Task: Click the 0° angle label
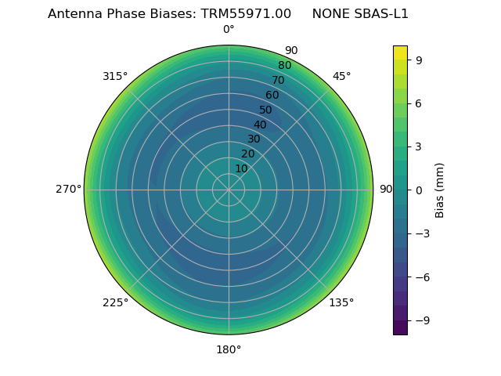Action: (x=229, y=30)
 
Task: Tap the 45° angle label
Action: (x=341, y=77)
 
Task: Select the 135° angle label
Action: (x=341, y=302)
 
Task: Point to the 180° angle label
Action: (x=229, y=349)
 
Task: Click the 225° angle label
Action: (x=115, y=303)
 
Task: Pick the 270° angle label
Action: (x=68, y=190)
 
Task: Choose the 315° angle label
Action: (x=115, y=77)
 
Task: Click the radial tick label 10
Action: (x=241, y=168)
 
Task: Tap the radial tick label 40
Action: (x=260, y=125)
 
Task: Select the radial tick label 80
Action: (x=284, y=66)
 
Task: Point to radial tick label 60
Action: (x=272, y=96)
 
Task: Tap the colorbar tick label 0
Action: (x=419, y=190)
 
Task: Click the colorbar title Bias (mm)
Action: (x=440, y=190)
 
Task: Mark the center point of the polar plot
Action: (x=229, y=190)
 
